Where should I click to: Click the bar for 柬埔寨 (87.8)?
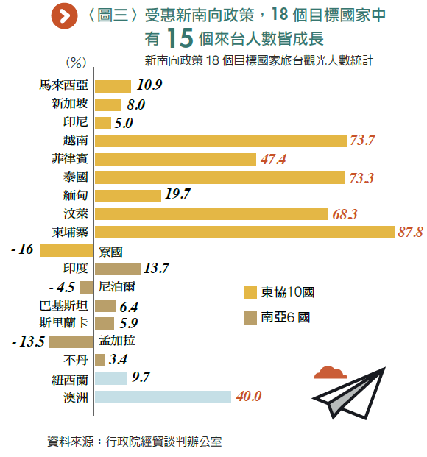tap(244, 233)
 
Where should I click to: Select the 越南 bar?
tap(221, 141)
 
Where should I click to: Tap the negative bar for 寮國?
tap(66, 251)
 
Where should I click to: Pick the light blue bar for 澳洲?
tap(163, 397)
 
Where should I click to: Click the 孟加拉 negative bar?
tap(71, 341)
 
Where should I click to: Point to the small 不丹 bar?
tap(100, 361)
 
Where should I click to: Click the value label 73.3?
tap(361, 178)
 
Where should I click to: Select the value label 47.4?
tap(273, 160)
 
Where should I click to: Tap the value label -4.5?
tap(62, 288)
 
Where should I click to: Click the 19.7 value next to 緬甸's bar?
tap(177, 194)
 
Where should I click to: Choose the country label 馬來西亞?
tap(63, 85)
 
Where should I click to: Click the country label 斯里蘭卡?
tap(63, 323)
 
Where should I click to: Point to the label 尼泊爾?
tap(116, 287)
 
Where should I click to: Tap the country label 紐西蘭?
tap(70, 380)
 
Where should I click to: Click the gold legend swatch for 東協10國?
tap(250, 292)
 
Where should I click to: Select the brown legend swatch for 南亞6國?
tap(250, 318)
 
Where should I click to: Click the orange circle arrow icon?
tap(64, 16)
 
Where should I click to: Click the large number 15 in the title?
tap(180, 38)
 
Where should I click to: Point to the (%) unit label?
tap(76, 63)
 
